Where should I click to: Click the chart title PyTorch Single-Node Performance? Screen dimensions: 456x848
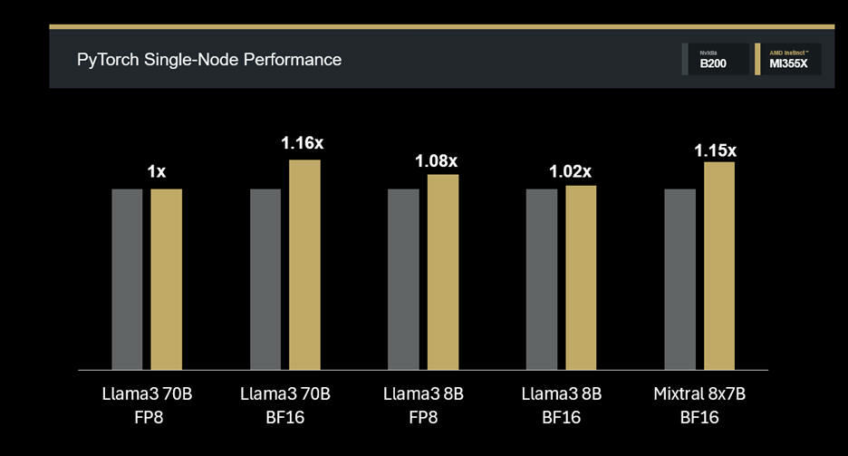[x=209, y=60]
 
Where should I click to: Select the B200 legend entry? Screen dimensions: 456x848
[x=714, y=60]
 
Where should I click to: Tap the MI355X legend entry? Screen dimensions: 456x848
[x=789, y=60]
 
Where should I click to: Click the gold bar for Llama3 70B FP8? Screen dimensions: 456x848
[x=166, y=279]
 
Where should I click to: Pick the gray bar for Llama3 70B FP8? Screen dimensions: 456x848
[x=127, y=279]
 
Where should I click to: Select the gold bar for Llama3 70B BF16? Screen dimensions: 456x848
[x=304, y=265]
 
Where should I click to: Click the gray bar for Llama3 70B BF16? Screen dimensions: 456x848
[x=265, y=279]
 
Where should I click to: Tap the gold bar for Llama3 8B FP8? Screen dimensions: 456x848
[x=443, y=272]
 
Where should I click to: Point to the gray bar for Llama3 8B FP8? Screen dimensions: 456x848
[x=403, y=279]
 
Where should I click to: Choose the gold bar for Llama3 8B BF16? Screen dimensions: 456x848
[x=581, y=277]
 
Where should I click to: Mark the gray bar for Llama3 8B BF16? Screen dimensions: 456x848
[x=541, y=279]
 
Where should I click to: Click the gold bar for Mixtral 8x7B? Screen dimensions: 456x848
[x=718, y=266]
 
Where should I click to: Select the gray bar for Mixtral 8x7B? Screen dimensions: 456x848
[x=679, y=279]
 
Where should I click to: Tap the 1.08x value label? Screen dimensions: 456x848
[x=437, y=161]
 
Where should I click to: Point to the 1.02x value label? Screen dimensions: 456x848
[x=571, y=170]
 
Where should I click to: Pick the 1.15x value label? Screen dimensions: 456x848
[x=716, y=150]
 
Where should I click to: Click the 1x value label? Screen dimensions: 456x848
[x=157, y=171]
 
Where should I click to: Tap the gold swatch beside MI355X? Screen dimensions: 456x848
[x=756, y=59]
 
